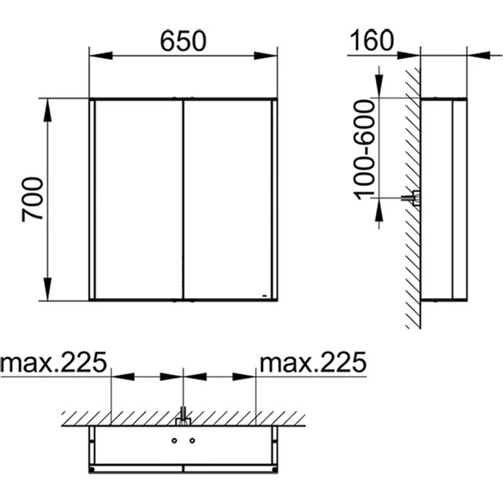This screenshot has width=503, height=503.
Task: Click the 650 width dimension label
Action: click(x=183, y=41)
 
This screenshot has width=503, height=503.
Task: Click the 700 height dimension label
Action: click(x=32, y=199)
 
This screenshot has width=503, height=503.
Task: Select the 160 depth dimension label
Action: click(x=372, y=40)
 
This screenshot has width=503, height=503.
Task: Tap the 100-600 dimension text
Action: click(x=364, y=149)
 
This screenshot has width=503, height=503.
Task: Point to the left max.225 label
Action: click(x=53, y=362)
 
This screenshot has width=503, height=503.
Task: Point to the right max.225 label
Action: click(x=313, y=362)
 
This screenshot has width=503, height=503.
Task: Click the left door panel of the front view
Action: click(x=139, y=199)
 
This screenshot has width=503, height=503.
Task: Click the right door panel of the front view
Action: click(x=228, y=199)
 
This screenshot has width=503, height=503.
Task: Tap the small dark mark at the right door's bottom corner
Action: click(x=265, y=295)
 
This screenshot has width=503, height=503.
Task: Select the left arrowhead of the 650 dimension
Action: click(x=101, y=55)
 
